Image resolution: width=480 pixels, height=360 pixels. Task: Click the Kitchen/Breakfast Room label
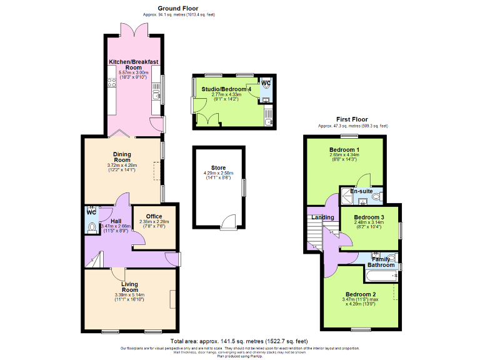(134, 65)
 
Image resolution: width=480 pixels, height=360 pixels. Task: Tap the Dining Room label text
(122, 157)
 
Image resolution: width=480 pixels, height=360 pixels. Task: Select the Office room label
(154, 216)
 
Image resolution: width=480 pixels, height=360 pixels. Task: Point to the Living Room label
(129, 287)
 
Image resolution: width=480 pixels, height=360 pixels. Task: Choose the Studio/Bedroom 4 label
(226, 89)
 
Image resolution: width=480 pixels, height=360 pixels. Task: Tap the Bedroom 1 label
(344, 150)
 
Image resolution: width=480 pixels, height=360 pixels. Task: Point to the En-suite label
(361, 191)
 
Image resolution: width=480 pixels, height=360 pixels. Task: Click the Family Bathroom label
(381, 262)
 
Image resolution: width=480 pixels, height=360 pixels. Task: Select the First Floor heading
(352, 119)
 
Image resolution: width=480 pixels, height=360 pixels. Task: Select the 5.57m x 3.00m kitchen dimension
(134, 73)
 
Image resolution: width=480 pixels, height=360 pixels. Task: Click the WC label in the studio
(266, 83)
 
